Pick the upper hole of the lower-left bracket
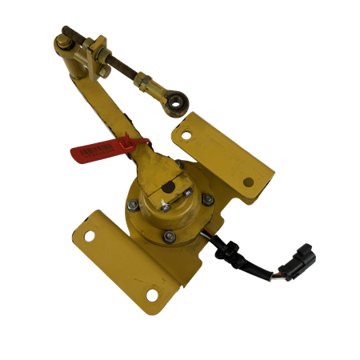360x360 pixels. coord(87,235)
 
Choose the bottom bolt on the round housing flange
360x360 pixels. coord(169,237)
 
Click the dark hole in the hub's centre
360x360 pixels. coord(170,188)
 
